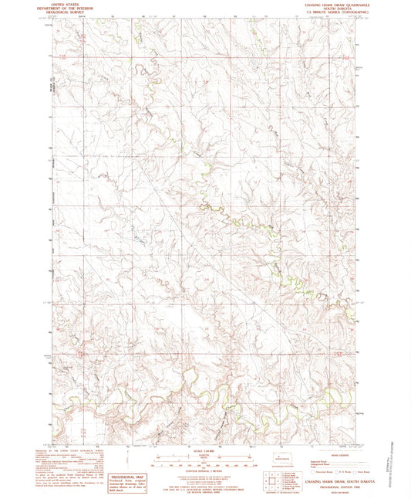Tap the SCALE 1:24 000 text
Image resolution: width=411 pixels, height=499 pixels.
coord(205,452)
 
